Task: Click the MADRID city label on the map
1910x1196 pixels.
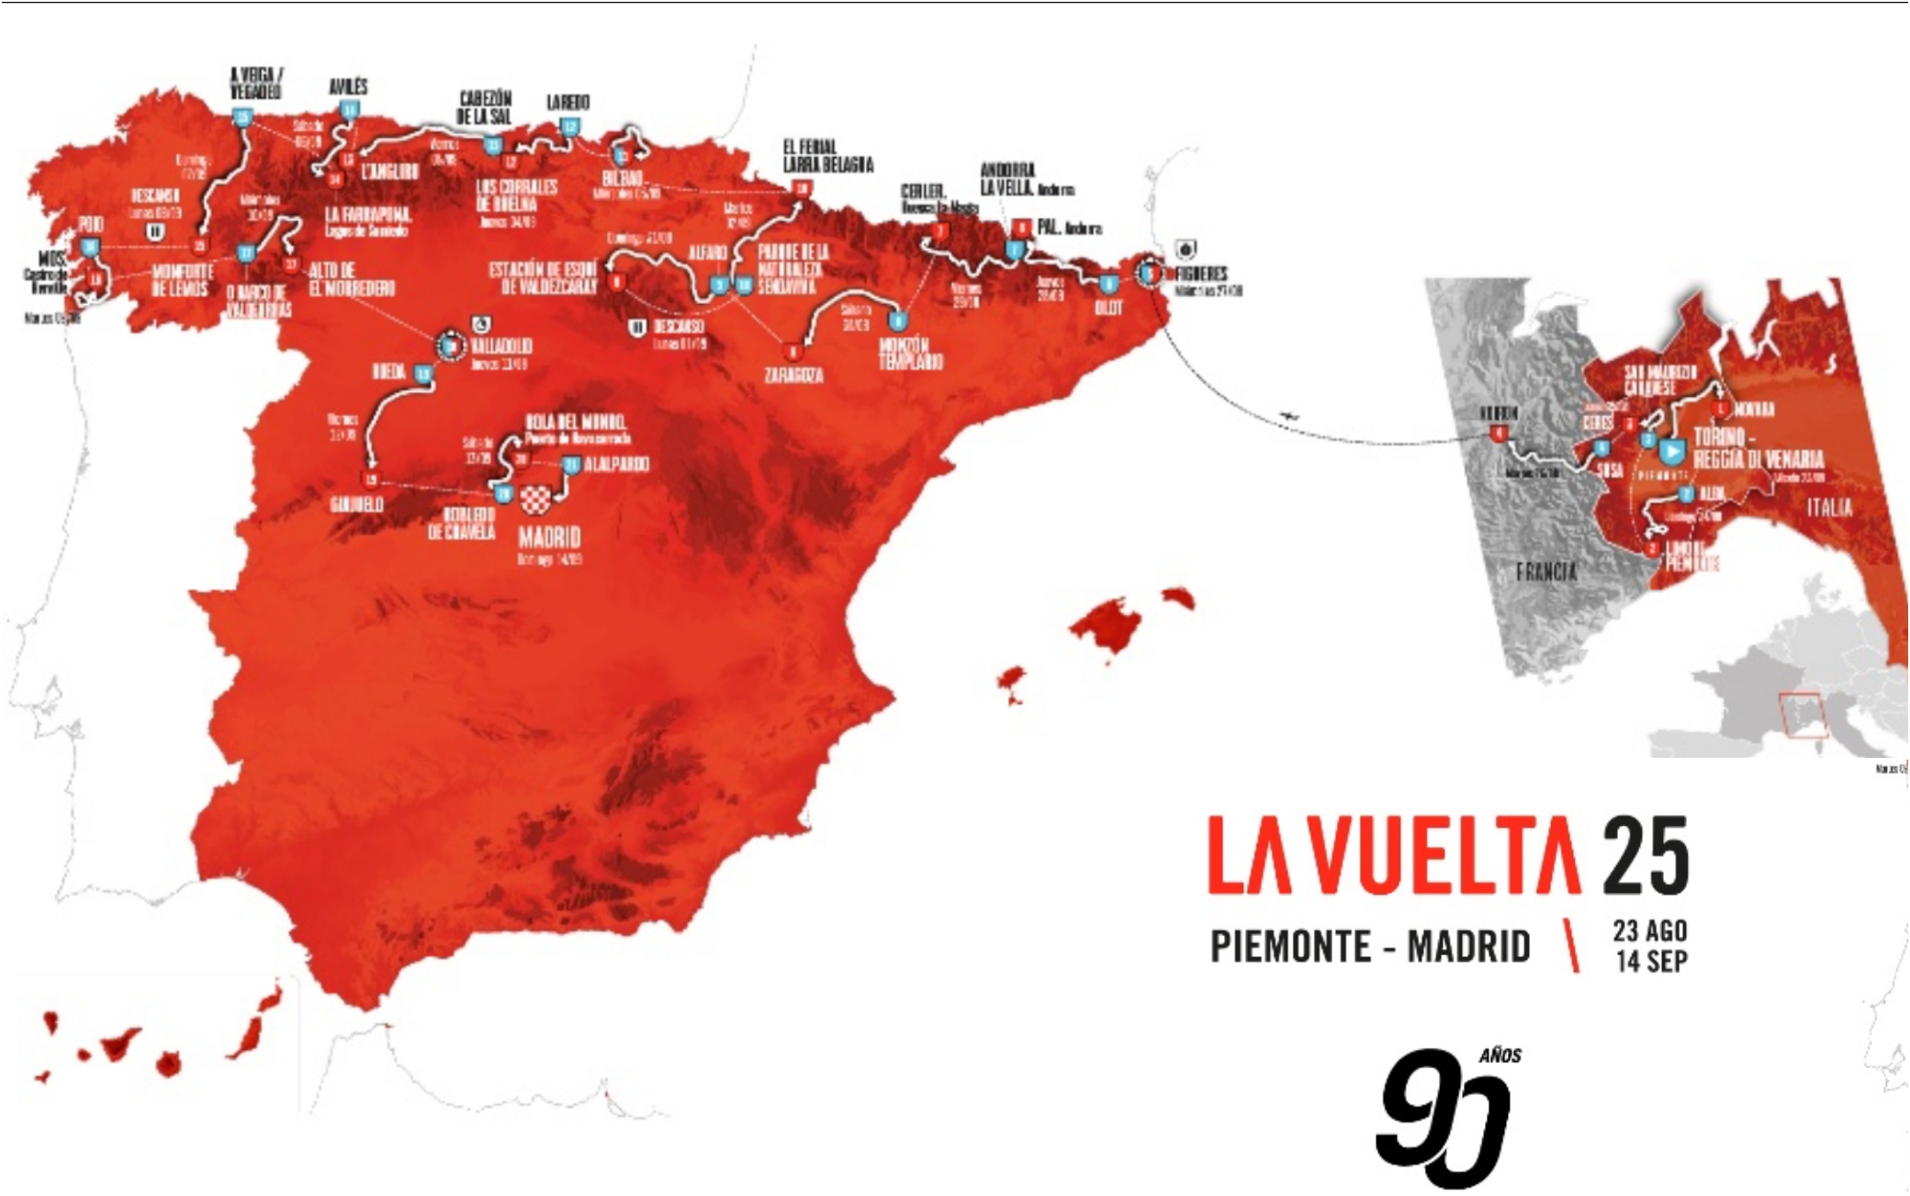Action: pos(549,536)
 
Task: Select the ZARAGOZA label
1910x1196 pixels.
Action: pos(793,375)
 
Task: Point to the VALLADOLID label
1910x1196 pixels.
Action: pos(501,346)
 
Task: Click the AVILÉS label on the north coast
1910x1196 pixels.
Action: pos(348,86)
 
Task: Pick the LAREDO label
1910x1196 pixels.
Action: pos(567,102)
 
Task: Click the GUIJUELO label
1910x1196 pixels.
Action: pos(357,505)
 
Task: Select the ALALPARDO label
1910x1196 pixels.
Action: pos(616,464)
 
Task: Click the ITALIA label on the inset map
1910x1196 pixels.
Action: pos(1829,507)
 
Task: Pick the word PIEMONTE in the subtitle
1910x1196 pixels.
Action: pos(1290,946)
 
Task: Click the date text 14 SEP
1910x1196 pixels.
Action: pos(1651,961)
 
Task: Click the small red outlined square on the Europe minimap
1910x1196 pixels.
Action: pos(1803,716)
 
